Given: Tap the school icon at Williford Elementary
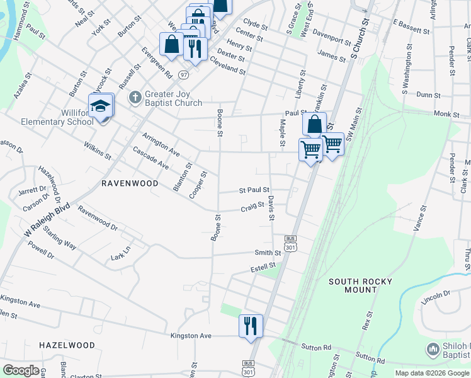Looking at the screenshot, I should (x=101, y=106).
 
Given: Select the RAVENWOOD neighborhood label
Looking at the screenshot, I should (x=130, y=183).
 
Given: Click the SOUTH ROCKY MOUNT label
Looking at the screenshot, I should (x=360, y=285).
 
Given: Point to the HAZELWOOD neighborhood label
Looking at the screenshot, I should (x=67, y=345).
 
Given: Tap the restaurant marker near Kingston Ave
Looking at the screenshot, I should (x=251, y=326).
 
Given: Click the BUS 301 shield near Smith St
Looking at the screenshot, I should (x=290, y=244).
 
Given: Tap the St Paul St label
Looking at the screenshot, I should (x=254, y=190).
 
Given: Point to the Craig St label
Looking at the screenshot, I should (x=252, y=207).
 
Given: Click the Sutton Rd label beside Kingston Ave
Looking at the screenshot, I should (x=318, y=347).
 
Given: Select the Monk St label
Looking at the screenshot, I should (x=446, y=113).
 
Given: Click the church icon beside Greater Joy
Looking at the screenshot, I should (x=134, y=98).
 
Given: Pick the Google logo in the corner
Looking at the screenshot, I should (x=21, y=370).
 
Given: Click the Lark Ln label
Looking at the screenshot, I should (x=120, y=253).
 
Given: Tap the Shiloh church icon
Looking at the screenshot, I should (x=433, y=349).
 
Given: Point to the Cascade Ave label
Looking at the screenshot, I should (x=151, y=158).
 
